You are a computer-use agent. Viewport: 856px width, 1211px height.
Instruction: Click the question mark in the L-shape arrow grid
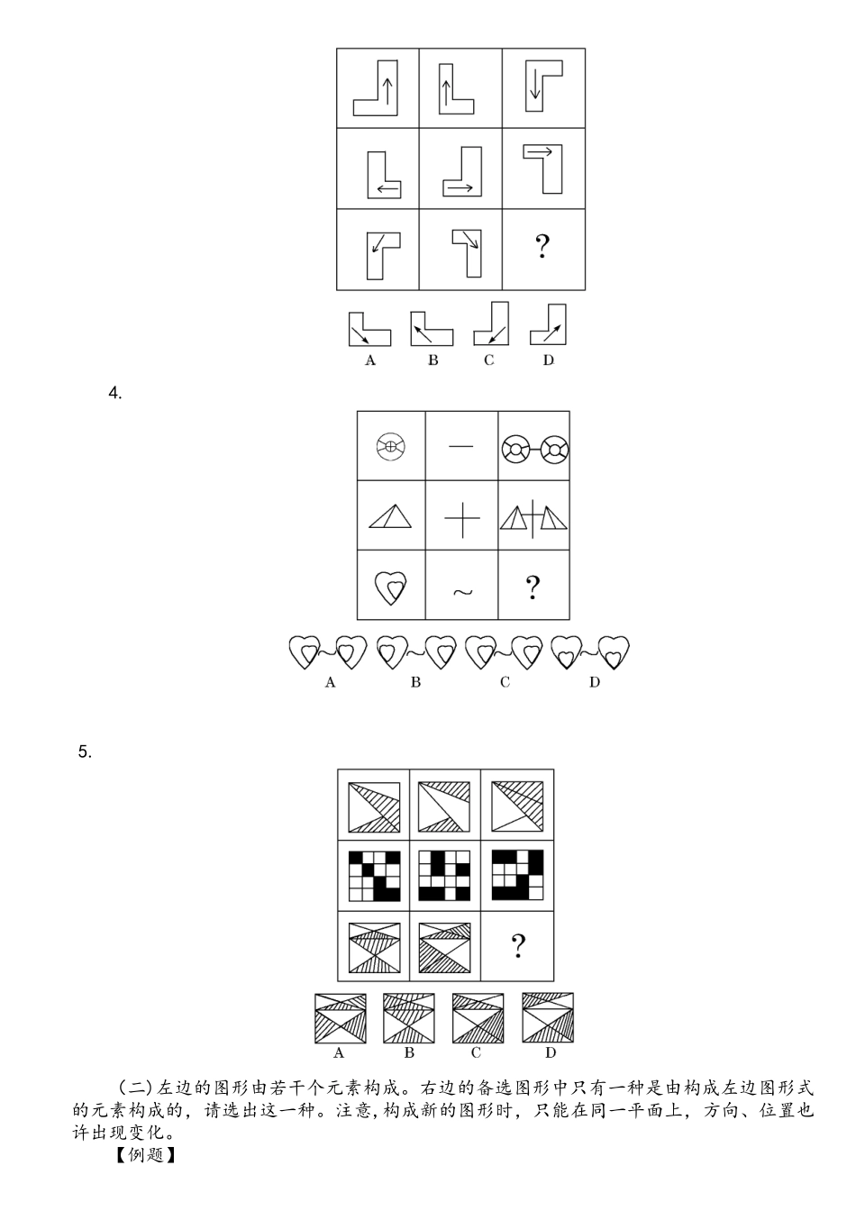point(542,246)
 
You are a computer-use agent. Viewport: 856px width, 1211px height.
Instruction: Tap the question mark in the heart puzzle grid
point(533,587)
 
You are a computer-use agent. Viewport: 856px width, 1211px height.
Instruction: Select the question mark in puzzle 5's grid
point(518,946)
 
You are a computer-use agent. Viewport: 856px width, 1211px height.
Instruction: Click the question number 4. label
point(115,393)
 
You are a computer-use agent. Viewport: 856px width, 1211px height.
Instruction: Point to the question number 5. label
point(85,751)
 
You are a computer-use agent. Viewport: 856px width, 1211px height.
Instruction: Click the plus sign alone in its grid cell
point(462,519)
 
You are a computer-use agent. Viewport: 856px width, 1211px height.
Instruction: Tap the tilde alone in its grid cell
point(462,592)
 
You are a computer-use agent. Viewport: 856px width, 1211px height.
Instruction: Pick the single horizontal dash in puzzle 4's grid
point(460,447)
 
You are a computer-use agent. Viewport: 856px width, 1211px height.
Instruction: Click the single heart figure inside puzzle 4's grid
point(391,587)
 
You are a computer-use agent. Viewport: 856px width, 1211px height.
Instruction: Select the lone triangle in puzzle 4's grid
point(390,516)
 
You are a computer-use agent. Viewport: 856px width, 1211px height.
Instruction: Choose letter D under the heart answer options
point(595,682)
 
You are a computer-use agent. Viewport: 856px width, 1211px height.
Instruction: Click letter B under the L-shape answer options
point(433,360)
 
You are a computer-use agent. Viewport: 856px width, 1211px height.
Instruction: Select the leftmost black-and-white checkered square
point(375,876)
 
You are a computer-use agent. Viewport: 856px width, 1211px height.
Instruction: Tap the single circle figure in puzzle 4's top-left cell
point(390,447)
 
